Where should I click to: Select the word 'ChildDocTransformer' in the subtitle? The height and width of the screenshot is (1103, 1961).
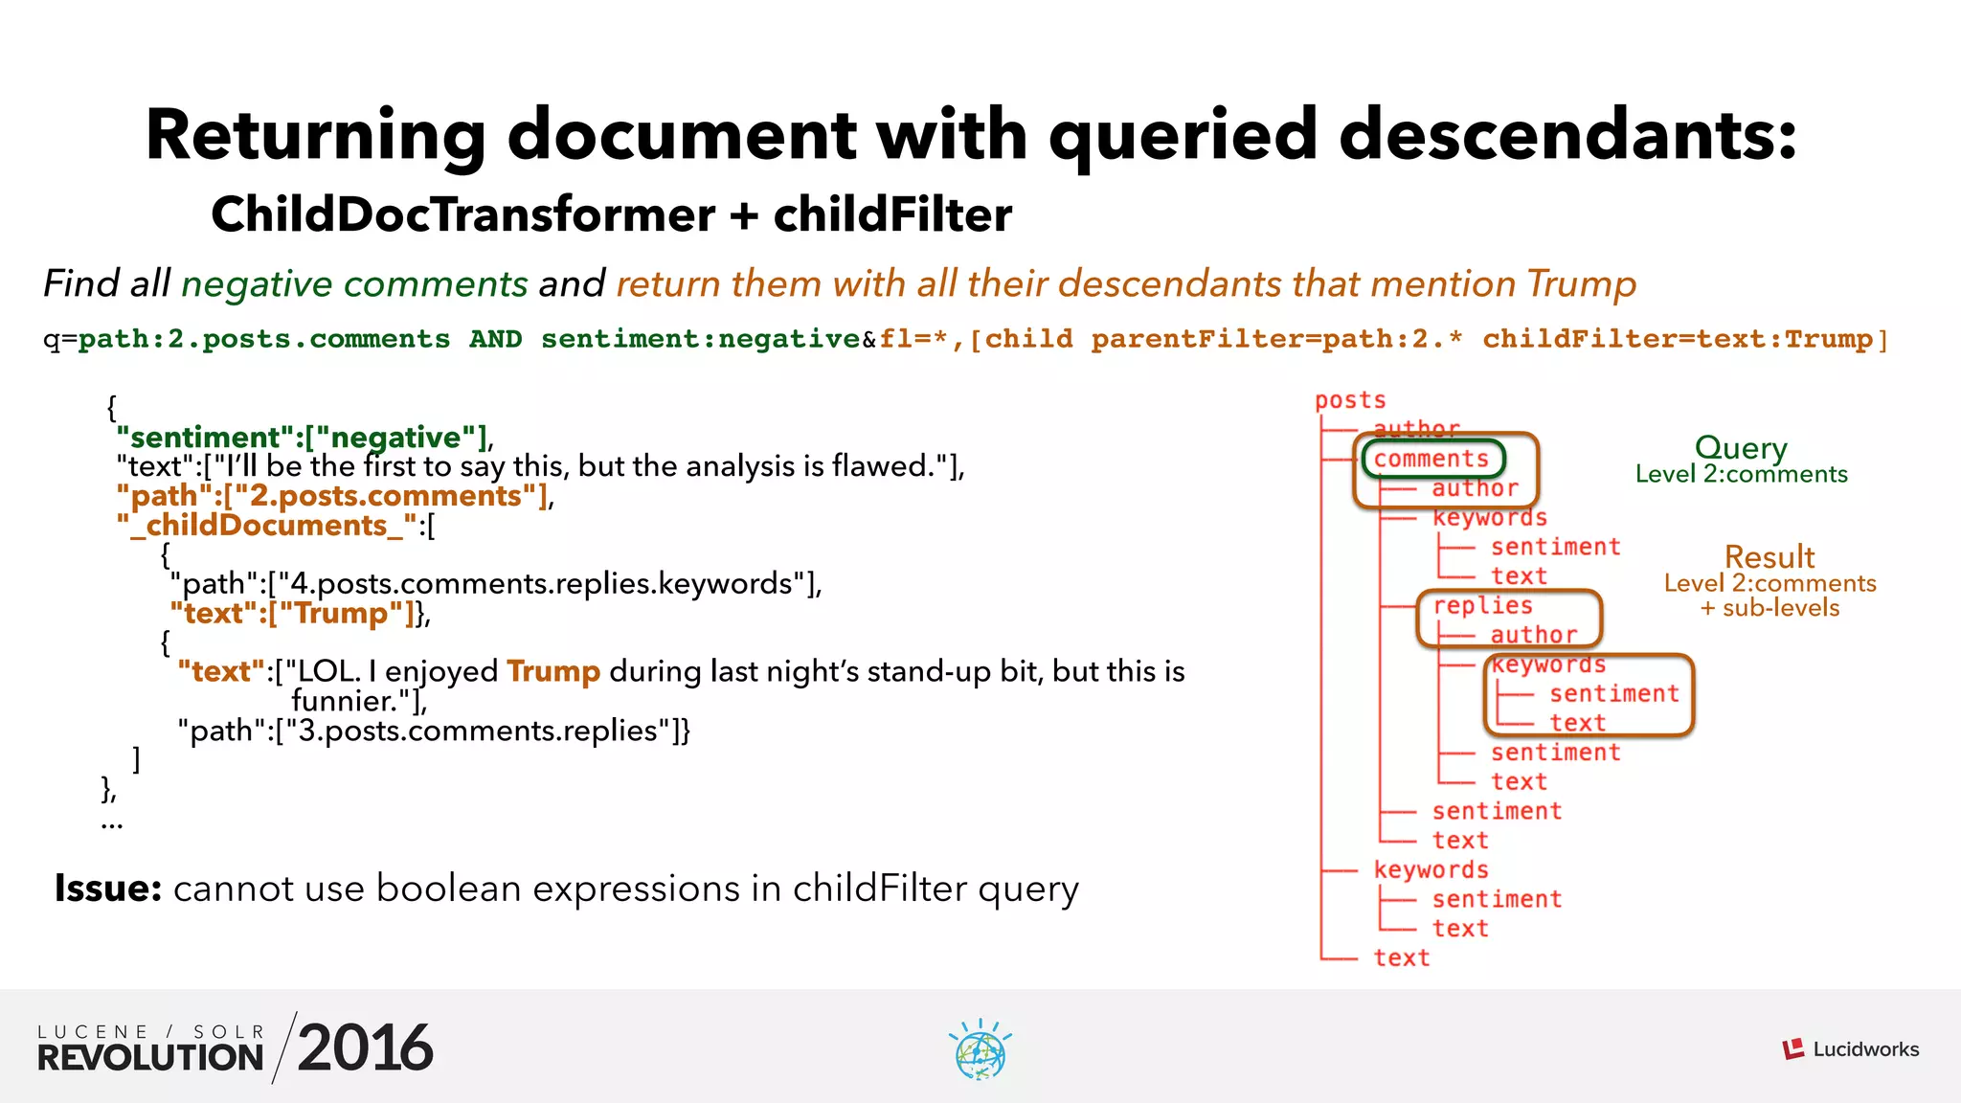(x=462, y=214)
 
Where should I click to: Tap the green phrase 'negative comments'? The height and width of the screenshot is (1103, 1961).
(x=354, y=284)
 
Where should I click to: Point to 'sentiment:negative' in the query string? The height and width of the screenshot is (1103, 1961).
(x=700, y=339)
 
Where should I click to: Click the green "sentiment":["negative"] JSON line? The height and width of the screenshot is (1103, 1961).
(x=303, y=438)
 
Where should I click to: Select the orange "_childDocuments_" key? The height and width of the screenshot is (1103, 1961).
(x=267, y=526)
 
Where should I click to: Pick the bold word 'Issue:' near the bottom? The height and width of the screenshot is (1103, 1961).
(x=108, y=889)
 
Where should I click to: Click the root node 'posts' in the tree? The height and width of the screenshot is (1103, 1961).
(x=1350, y=400)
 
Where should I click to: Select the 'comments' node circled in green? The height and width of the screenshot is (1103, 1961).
(x=1431, y=460)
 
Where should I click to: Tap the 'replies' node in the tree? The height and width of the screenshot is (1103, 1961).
(x=1482, y=606)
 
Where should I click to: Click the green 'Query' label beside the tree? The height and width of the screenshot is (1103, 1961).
(x=1741, y=447)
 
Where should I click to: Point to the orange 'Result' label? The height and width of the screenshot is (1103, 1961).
(x=1769, y=556)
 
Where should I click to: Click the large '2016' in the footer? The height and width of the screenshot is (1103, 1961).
(x=365, y=1047)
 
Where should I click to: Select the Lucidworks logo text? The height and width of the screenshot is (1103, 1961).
(x=1865, y=1049)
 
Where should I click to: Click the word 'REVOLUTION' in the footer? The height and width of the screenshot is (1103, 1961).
(x=150, y=1058)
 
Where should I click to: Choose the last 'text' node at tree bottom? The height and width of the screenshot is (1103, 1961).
(x=1402, y=957)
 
